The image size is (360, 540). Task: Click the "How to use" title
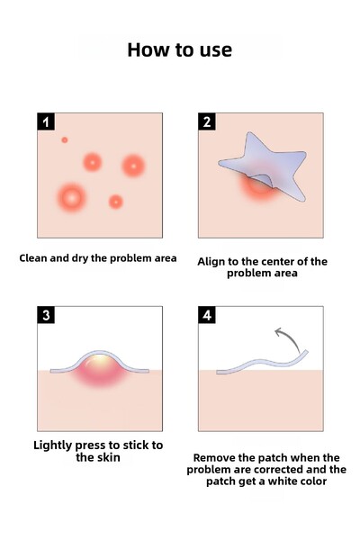[179, 49]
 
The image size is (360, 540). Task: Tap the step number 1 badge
[46, 121]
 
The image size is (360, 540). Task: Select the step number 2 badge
[207, 121]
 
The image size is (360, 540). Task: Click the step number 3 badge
[46, 315]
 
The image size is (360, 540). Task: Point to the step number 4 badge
[207, 315]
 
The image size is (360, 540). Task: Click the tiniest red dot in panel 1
[65, 139]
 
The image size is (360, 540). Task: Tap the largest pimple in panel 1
[71, 198]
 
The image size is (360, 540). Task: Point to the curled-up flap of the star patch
[262, 179]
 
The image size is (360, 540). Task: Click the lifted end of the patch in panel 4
[305, 353]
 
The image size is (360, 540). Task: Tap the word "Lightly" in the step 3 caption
[53, 445]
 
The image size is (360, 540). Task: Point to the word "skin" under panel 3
[108, 457]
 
